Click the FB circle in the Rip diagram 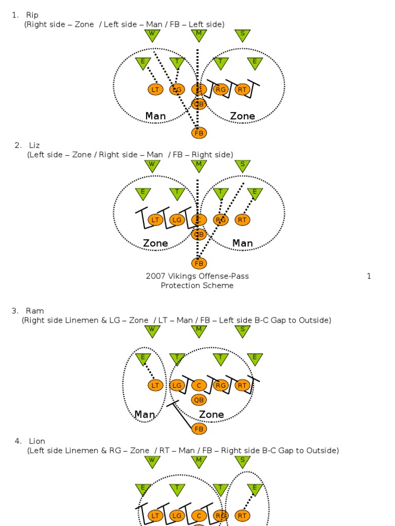[199, 133]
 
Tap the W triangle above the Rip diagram [152, 35]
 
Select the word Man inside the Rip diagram [155, 116]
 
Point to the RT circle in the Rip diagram [242, 89]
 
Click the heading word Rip [32, 15]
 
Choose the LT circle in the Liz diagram [155, 220]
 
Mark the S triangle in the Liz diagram [242, 165]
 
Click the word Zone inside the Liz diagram [155, 243]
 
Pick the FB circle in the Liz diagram [199, 264]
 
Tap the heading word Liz [34, 145]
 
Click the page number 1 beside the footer [369, 276]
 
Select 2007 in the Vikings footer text [155, 276]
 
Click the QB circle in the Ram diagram [199, 400]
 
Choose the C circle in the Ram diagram [199, 385]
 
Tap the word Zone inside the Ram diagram [211, 414]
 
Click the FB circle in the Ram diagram [199, 428]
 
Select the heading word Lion [37, 441]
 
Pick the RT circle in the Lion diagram [242, 515]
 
